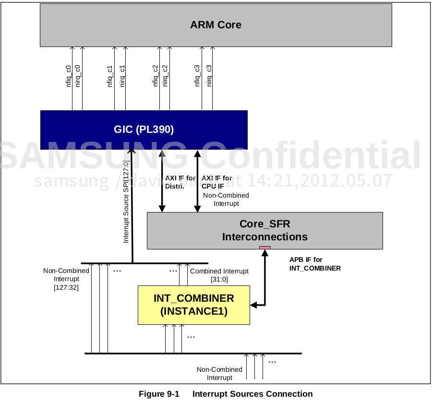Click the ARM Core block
click(216, 25)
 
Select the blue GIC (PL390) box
click(144, 130)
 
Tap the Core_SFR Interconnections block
click(264, 231)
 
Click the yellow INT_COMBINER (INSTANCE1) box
click(193, 305)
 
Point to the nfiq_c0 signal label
click(69, 76)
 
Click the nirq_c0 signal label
click(78, 76)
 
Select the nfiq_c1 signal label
click(110, 76)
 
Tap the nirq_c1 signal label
click(122, 76)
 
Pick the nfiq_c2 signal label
click(156, 76)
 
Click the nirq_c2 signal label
click(166, 76)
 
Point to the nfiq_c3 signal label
click(197, 76)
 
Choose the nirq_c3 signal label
click(209, 76)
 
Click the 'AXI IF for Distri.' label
click(176, 182)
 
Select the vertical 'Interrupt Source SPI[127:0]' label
click(126, 201)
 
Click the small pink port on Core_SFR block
click(265, 248)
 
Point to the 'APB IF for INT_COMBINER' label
click(315, 264)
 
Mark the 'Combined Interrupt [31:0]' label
click(219, 275)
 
